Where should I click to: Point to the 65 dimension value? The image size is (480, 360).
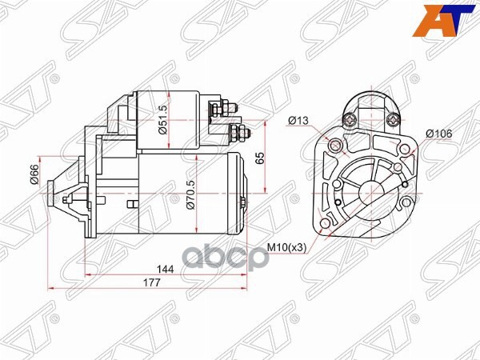258,158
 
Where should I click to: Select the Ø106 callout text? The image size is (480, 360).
441,133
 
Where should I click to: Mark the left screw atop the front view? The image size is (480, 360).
349,121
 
